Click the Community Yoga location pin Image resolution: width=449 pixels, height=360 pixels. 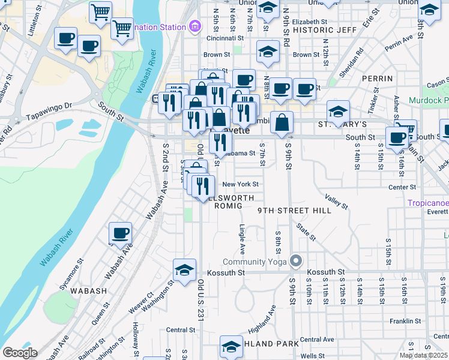[x=295, y=261]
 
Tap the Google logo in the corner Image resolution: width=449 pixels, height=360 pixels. [x=20, y=353]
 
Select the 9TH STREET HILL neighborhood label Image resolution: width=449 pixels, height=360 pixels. [x=286, y=211]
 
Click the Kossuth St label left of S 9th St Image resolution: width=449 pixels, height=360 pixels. [x=226, y=272]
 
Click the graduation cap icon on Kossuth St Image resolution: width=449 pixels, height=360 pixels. [x=185, y=270]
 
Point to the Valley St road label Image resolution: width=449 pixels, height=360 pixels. [x=336, y=201]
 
